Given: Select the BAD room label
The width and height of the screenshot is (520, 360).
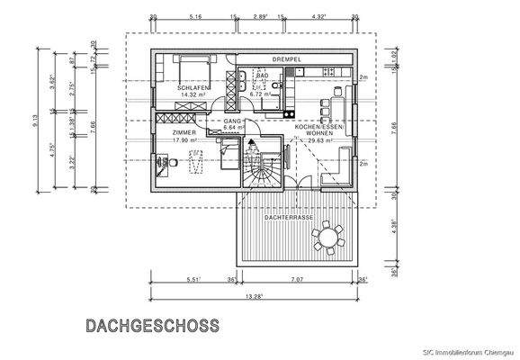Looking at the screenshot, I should click(264, 76).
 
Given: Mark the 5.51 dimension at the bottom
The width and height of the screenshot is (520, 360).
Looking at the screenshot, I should click(193, 279).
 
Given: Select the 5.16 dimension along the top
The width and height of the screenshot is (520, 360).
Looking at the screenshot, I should click(194, 17).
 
